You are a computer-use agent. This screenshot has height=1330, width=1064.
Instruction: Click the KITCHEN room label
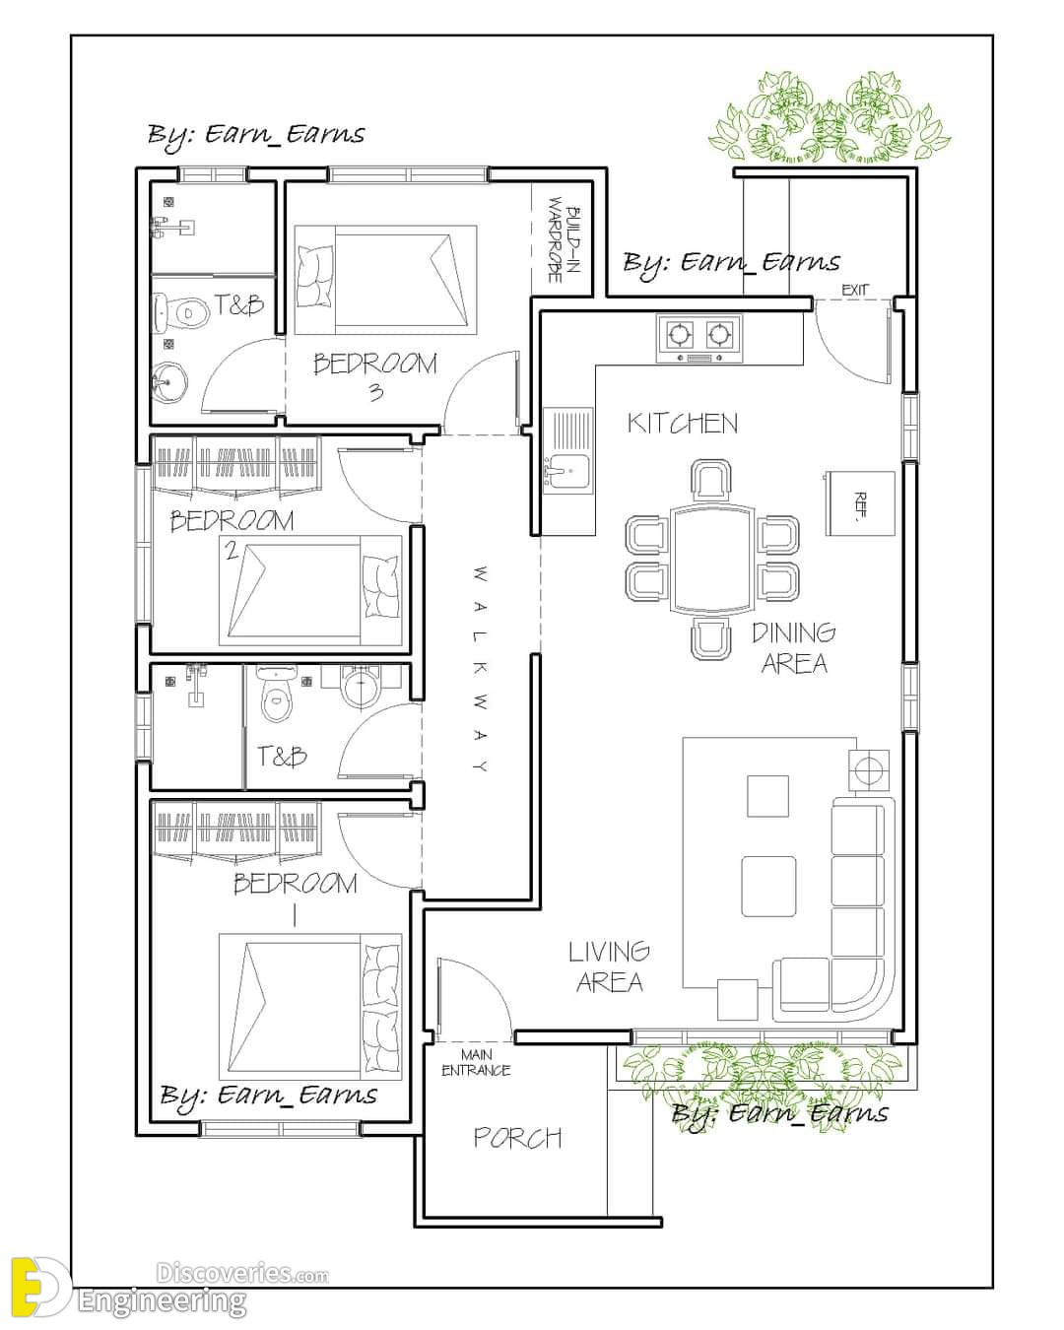click(x=682, y=424)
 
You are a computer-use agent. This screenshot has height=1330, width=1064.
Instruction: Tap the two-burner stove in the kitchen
click(x=698, y=338)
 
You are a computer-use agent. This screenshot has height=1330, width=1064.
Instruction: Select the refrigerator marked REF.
click(x=860, y=503)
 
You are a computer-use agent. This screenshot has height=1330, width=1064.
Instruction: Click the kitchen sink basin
click(x=567, y=474)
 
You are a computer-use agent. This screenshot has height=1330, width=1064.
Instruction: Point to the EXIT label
click(x=855, y=290)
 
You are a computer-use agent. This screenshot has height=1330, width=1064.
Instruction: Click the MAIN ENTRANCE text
click(x=476, y=1062)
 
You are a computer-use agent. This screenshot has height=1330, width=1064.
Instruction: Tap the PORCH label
click(x=517, y=1137)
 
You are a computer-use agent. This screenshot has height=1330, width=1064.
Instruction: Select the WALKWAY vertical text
click(x=482, y=668)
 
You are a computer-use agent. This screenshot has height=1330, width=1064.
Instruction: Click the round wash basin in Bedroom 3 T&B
click(x=167, y=381)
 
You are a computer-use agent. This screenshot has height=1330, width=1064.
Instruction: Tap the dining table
click(x=713, y=559)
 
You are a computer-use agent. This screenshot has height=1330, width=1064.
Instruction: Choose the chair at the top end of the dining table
click(x=711, y=479)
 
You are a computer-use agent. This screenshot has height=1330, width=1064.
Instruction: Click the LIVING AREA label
click(x=610, y=966)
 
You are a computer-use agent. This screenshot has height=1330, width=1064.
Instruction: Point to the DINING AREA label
click(x=794, y=647)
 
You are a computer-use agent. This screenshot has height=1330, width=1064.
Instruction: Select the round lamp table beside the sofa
click(x=869, y=770)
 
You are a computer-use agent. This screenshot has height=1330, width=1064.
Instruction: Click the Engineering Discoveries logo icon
click(x=38, y=1277)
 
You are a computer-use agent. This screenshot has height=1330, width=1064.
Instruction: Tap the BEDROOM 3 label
click(x=375, y=376)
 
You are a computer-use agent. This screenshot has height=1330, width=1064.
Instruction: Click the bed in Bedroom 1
click(x=310, y=1008)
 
